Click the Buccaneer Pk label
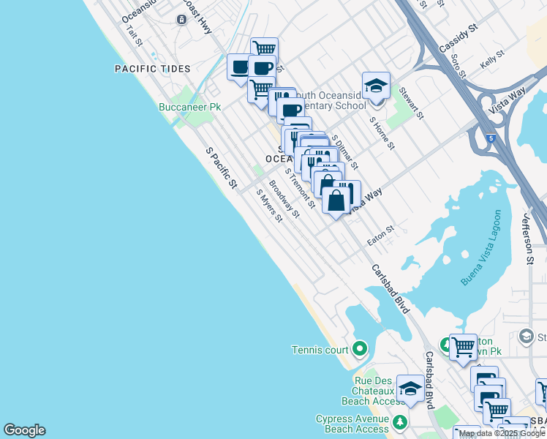[x=190, y=107]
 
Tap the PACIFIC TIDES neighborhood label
[x=153, y=69]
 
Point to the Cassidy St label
[x=458, y=37]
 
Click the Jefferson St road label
[x=527, y=239]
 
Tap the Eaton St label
[x=380, y=235]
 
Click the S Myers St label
[x=268, y=206]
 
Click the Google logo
[x=24, y=430]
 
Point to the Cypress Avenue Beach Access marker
[x=400, y=422]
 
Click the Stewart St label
[x=411, y=102]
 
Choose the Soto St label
[x=459, y=65]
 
